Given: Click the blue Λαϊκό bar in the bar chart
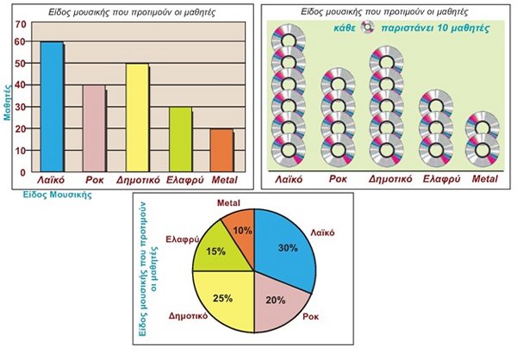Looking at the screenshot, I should (x=52, y=103).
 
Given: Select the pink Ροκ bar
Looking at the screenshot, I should (x=94, y=126).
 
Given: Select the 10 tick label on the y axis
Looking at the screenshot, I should (x=21, y=150).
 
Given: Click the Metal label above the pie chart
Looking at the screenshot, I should (x=228, y=202).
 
